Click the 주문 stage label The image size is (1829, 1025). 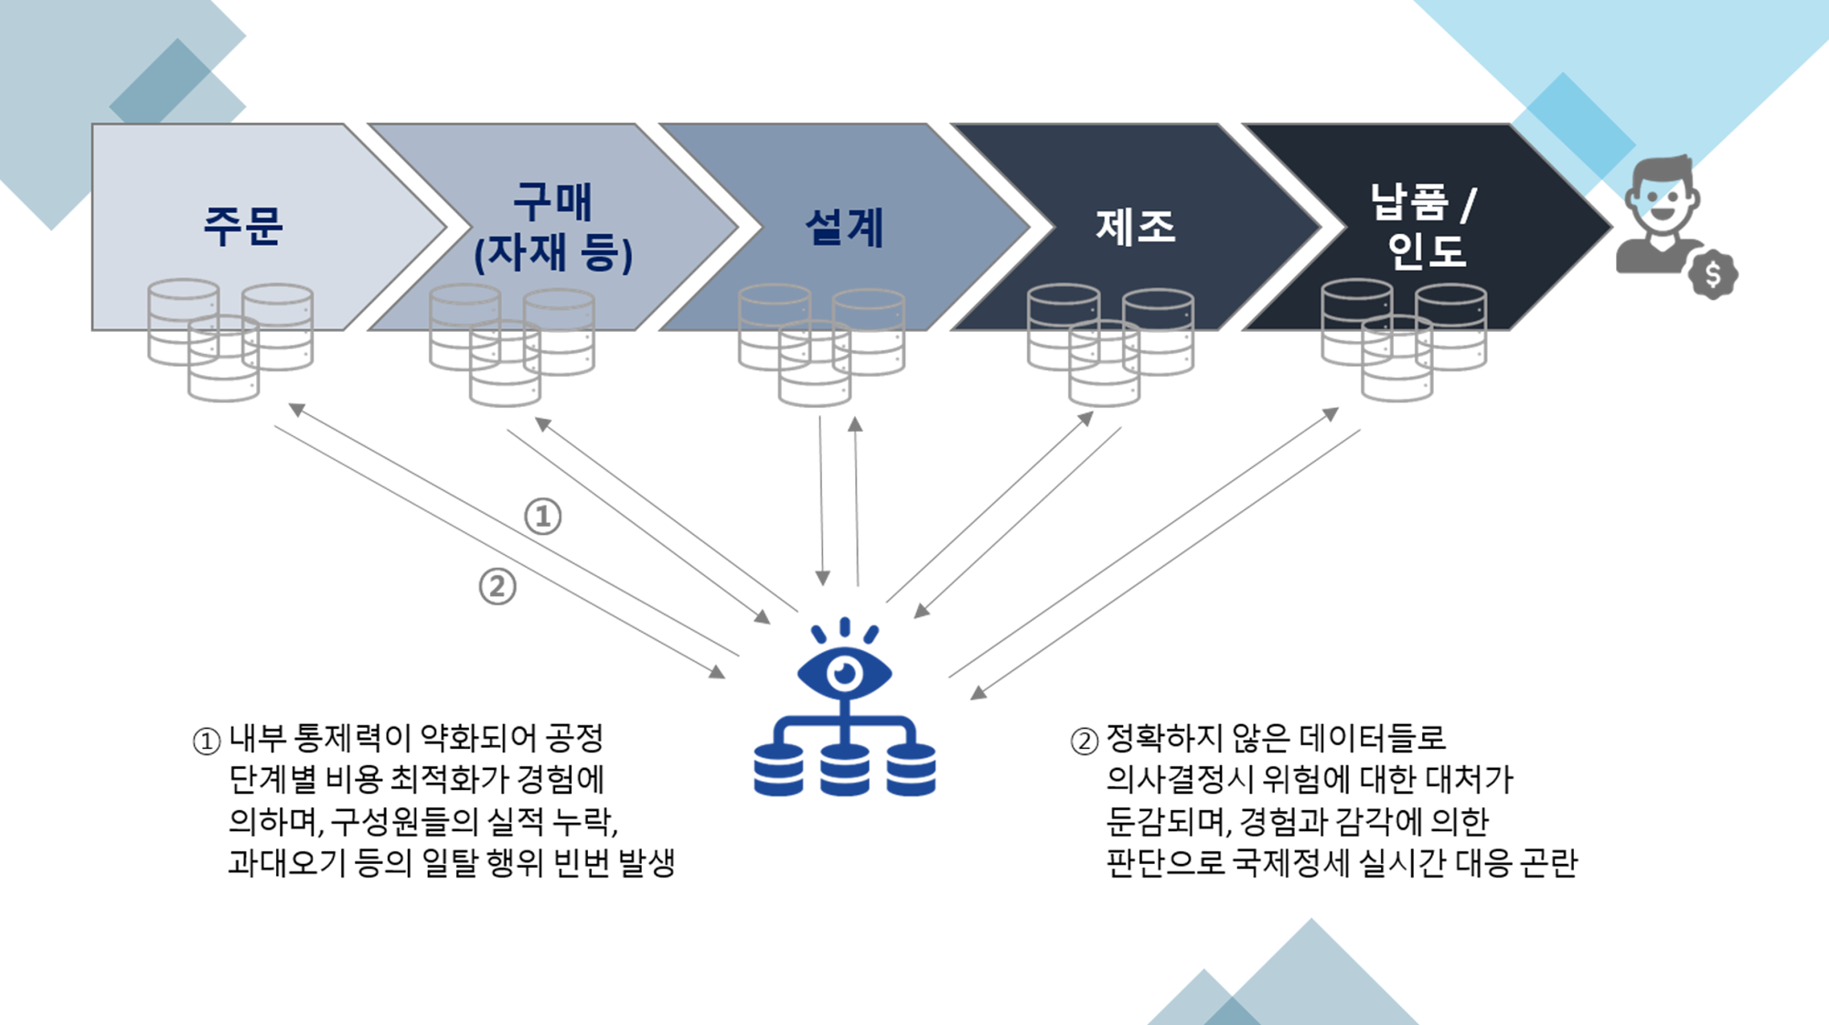click(x=243, y=226)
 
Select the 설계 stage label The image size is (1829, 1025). click(x=844, y=227)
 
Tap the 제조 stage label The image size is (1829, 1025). click(x=1136, y=226)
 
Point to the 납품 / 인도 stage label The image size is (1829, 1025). click(x=1423, y=226)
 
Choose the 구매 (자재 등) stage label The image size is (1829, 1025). click(x=553, y=227)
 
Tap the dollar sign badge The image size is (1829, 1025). click(x=1713, y=274)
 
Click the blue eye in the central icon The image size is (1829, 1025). click(x=845, y=673)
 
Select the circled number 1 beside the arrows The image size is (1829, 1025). click(x=542, y=517)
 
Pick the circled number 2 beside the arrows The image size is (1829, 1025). click(x=497, y=586)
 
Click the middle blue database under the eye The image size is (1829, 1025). click(x=845, y=770)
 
